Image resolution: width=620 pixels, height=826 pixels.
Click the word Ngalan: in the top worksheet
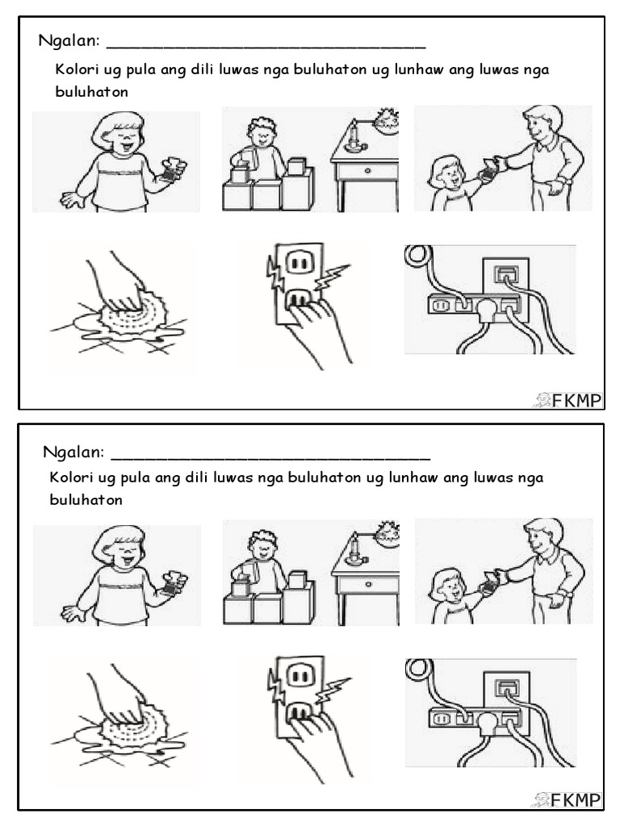click(69, 41)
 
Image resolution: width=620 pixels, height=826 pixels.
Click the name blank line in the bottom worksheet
click(270, 459)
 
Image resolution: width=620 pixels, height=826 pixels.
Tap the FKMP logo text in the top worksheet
click(576, 401)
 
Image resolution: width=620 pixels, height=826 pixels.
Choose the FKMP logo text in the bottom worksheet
click(576, 800)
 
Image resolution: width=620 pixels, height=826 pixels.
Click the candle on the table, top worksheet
click(354, 135)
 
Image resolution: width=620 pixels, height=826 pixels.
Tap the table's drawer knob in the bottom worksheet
click(367, 584)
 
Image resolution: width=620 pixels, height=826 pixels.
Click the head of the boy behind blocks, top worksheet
click(261, 134)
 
